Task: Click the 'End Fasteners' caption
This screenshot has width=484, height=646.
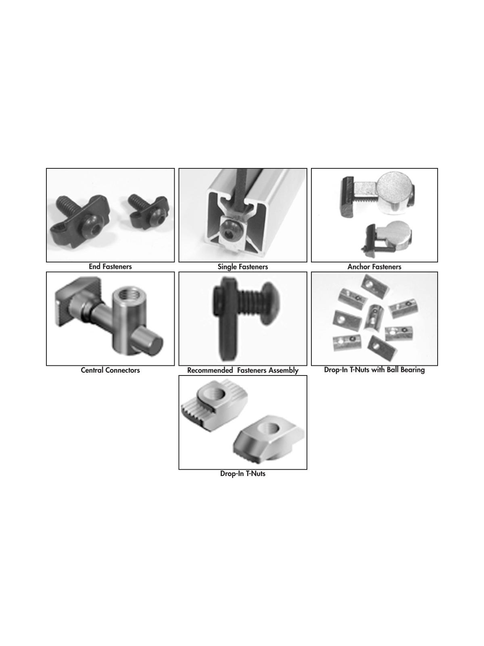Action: (110, 266)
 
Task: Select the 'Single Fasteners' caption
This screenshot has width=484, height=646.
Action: (242, 266)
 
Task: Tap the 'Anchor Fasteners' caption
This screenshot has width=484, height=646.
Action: (374, 266)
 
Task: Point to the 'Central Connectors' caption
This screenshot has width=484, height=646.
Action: (110, 370)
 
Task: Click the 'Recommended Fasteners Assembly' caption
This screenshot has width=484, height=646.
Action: (242, 370)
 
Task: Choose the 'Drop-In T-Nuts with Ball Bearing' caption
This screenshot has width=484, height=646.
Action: (374, 369)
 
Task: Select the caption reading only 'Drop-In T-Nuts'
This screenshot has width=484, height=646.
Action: (242, 474)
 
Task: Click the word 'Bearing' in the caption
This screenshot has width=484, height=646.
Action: (411, 369)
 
